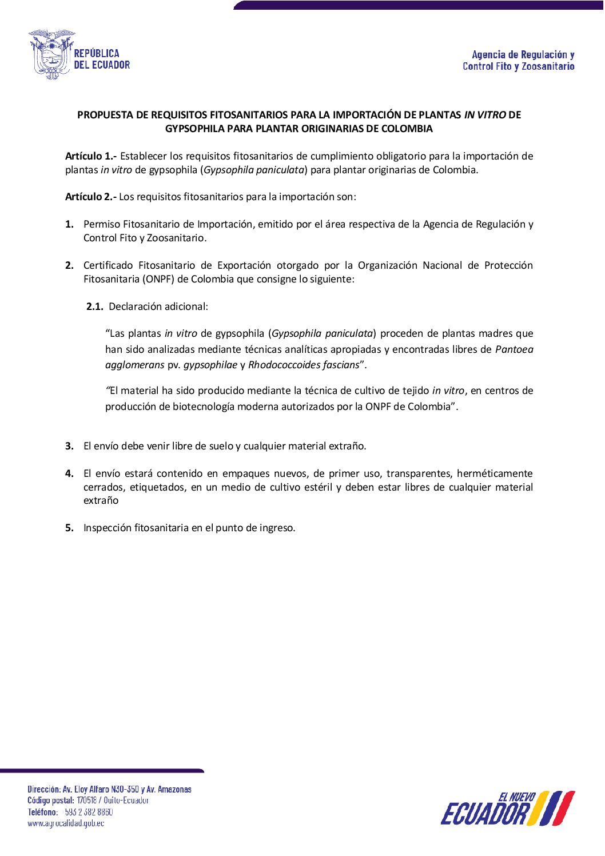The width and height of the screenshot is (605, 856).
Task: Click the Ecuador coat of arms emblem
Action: [x=51, y=54]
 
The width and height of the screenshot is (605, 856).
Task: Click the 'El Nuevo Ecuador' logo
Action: [x=507, y=809]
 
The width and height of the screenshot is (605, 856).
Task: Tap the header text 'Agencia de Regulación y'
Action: [x=523, y=55]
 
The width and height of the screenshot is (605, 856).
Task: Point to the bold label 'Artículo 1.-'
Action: [x=91, y=156]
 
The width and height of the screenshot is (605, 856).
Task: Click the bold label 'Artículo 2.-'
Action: [x=91, y=197]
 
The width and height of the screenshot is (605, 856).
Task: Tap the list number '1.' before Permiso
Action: [x=69, y=224]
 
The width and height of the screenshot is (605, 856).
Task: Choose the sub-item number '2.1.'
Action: [x=95, y=306]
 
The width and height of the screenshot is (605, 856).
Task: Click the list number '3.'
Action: [x=69, y=446]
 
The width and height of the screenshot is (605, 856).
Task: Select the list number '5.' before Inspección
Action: [x=69, y=528]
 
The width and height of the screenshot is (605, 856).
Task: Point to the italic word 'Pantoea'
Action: [x=514, y=349]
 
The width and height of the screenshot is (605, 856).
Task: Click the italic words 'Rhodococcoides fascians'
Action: [x=304, y=365]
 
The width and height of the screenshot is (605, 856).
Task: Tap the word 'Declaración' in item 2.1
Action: [x=134, y=306]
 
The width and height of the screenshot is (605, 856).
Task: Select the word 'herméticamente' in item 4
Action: [x=495, y=473]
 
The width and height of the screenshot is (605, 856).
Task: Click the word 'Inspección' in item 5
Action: [x=108, y=528]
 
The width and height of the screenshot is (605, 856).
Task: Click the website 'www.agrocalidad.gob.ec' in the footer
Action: [x=66, y=823]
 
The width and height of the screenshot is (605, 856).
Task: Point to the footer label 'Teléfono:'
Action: [x=43, y=812]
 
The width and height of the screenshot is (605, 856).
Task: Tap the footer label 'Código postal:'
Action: [x=51, y=801]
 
